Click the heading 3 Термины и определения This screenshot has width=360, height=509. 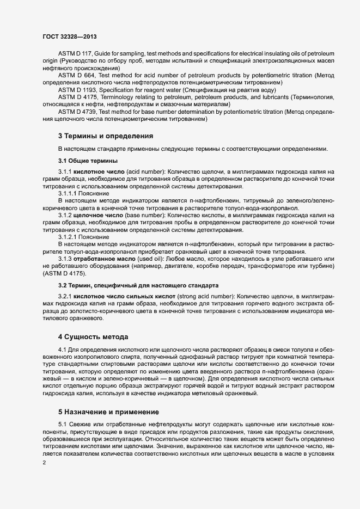coord(105,136)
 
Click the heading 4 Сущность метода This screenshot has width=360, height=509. coord(93,337)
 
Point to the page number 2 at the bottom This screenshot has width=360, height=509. coord(44,463)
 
